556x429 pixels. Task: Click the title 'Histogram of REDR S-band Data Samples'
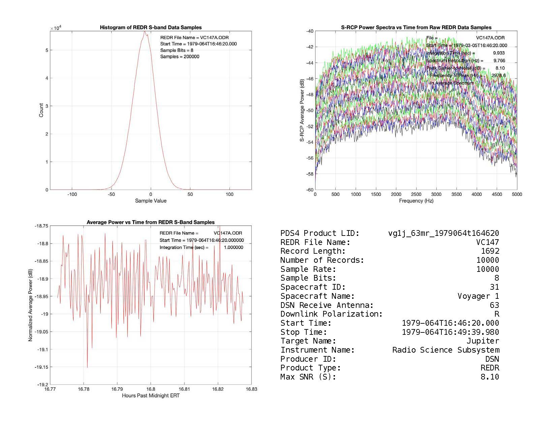(x=151, y=27)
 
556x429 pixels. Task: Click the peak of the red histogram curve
(x=145, y=32)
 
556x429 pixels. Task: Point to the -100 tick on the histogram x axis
(x=72, y=194)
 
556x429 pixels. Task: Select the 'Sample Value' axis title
(x=151, y=201)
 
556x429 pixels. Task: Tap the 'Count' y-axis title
(x=41, y=110)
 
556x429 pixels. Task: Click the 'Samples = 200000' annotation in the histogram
(x=180, y=57)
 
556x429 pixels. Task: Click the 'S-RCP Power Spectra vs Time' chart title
(x=416, y=27)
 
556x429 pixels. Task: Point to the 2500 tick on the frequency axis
(x=416, y=194)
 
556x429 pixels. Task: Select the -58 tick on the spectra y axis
(x=310, y=174)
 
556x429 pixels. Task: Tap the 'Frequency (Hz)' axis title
(x=416, y=201)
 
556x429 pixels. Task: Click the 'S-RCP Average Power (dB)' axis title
(x=302, y=110)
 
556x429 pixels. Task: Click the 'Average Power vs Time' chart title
(x=151, y=222)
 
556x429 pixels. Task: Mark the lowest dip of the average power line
(x=87, y=367)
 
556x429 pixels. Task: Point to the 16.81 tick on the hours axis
(x=184, y=389)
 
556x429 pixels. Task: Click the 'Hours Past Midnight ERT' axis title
(x=151, y=396)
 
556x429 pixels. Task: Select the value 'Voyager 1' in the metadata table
(x=478, y=296)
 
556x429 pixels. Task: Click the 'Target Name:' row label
(x=308, y=341)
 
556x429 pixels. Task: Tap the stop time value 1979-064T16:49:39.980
(x=451, y=332)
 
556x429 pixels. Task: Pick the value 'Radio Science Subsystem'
(x=445, y=350)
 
